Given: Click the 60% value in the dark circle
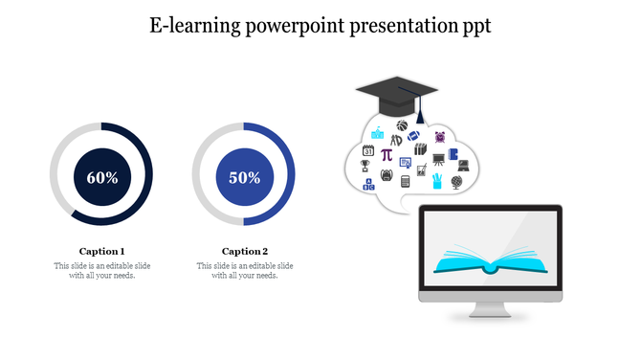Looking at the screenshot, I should click(x=101, y=177).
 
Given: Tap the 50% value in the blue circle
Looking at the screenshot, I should click(x=244, y=177).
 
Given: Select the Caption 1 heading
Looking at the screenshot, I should click(x=101, y=251).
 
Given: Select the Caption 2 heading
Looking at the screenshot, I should click(x=244, y=251).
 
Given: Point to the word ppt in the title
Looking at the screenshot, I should click(x=474, y=27).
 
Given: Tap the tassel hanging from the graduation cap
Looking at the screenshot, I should click(x=418, y=117).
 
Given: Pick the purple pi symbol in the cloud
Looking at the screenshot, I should click(x=387, y=154).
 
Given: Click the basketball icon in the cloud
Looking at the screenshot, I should click(x=402, y=124).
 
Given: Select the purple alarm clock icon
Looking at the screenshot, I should click(x=440, y=137).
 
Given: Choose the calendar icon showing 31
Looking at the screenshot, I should click(x=367, y=150).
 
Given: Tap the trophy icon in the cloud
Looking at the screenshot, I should click(x=365, y=166).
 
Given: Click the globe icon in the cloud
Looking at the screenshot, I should click(x=457, y=181).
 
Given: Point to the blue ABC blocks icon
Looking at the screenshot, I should click(x=369, y=185).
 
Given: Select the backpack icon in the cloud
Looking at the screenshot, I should click(x=386, y=174).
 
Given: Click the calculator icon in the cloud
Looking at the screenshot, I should click(x=406, y=181).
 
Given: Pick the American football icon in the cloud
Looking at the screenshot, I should click(x=413, y=136).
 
